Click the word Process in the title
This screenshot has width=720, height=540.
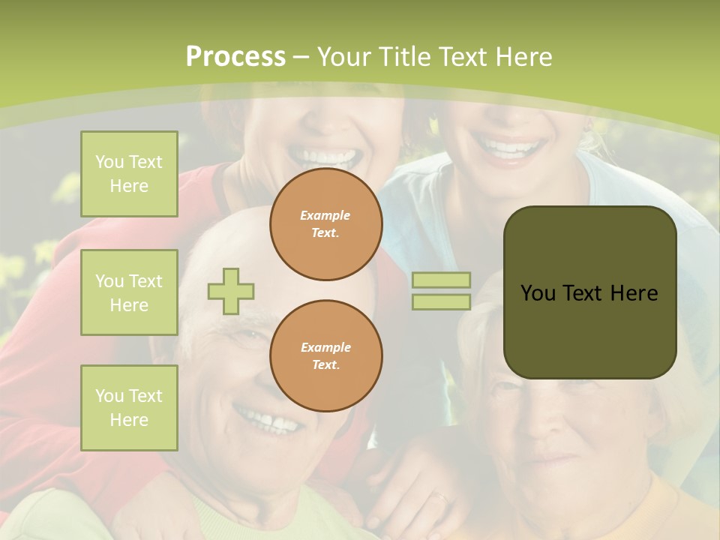tap(235, 57)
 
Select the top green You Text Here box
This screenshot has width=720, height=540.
tap(129, 174)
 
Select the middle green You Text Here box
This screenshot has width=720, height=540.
tap(129, 292)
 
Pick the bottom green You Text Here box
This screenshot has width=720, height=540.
tap(129, 407)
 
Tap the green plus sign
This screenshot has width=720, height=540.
tap(231, 291)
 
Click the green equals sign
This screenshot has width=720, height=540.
tap(441, 291)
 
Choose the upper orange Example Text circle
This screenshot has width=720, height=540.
tap(326, 224)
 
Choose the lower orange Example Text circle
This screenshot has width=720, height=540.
tap(326, 355)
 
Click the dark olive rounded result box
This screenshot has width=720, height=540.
tap(589, 292)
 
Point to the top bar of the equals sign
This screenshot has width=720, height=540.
tap(441, 280)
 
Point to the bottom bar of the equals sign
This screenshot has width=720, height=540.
tap(441, 302)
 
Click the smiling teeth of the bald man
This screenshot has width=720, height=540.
tap(270, 421)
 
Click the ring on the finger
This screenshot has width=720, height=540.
tap(442, 497)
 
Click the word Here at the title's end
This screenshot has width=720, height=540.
tap(523, 57)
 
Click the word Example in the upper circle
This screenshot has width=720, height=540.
tap(325, 215)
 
